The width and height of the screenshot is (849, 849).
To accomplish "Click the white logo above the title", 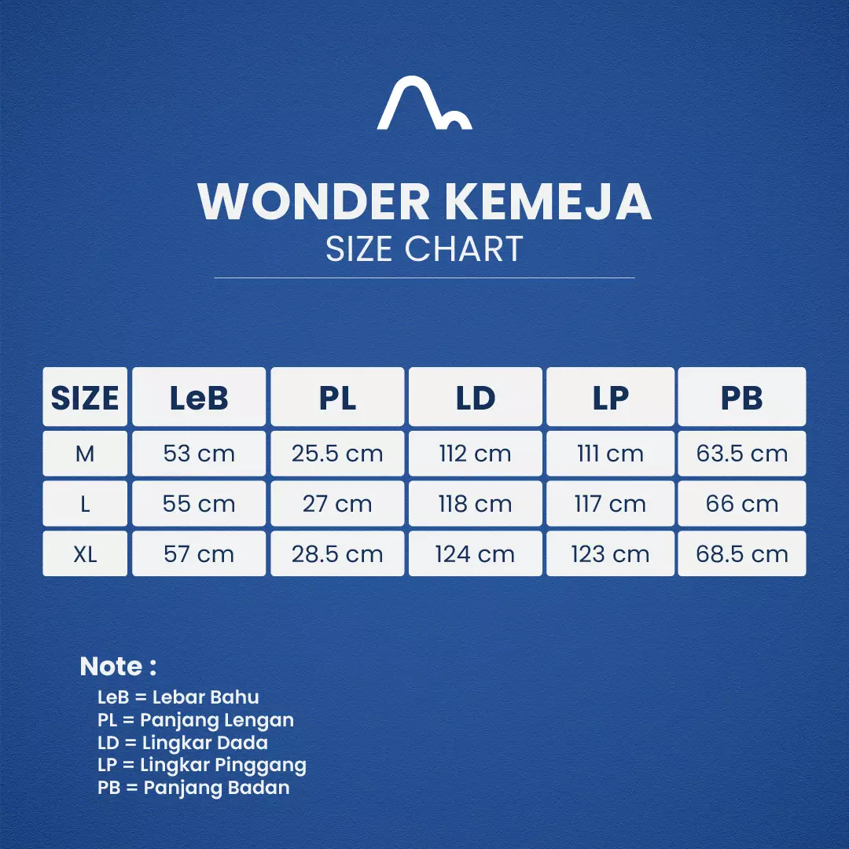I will (424, 103).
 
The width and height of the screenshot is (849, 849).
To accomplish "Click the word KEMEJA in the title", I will (548, 201).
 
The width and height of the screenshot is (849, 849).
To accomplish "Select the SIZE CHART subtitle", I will (424, 249).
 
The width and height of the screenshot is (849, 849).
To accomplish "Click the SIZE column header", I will (85, 398).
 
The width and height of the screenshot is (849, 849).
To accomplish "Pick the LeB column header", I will (199, 398).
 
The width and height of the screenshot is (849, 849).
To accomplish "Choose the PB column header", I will (742, 398).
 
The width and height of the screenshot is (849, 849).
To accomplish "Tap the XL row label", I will (85, 554).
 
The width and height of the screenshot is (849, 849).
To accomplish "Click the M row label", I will (85, 454).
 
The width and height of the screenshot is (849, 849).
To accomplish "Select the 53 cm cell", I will (199, 454).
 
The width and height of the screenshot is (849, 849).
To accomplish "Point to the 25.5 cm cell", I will (337, 454).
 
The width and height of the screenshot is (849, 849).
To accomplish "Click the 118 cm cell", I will (475, 504).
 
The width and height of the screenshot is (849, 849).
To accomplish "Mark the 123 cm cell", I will (610, 554).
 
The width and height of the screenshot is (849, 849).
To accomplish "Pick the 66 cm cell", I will (742, 504).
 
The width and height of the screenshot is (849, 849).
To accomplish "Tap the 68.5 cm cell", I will (742, 554).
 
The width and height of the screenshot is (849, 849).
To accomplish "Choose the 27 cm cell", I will (337, 504).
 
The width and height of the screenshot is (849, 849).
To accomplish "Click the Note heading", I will (118, 667).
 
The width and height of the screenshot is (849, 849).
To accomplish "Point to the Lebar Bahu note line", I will (178, 697).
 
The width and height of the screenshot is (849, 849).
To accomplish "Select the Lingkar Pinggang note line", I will (202, 765).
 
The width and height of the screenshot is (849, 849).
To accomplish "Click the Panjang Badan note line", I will (193, 788).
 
